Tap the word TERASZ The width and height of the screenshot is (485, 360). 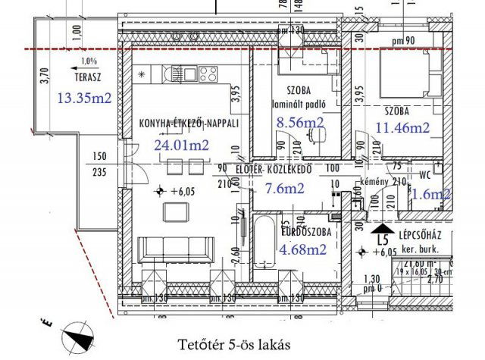(x=89, y=77)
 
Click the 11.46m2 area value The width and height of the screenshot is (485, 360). (x=402, y=128)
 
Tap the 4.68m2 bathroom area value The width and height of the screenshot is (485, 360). (x=303, y=247)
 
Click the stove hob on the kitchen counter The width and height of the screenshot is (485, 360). (x=207, y=74)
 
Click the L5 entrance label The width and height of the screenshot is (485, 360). (x=386, y=240)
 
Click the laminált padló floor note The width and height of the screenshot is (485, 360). (x=302, y=104)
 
